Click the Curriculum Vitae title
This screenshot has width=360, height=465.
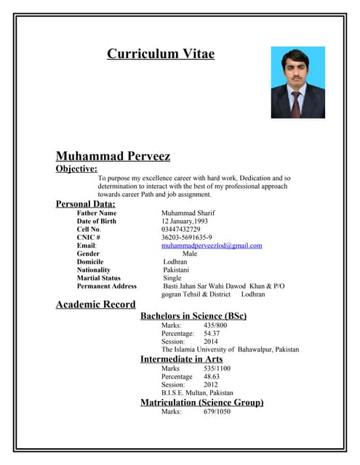161,54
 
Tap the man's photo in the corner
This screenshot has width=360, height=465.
297,82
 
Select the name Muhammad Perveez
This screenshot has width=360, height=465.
113,155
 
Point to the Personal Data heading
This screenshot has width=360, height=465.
85,203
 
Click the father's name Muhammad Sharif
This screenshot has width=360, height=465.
188,213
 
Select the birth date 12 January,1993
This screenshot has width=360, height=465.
185,221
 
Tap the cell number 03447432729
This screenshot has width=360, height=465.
180,229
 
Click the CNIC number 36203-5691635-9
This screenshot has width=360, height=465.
186,237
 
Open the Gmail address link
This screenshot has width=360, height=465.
212,246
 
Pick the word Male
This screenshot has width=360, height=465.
190,254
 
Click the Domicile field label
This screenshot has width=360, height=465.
90,262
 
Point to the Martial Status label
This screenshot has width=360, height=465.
99,278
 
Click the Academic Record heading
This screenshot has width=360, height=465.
95,304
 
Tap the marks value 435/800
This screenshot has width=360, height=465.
215,325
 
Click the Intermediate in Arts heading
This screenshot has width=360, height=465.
181,359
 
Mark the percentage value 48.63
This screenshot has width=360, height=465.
212,376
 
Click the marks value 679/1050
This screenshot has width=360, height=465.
217,411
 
